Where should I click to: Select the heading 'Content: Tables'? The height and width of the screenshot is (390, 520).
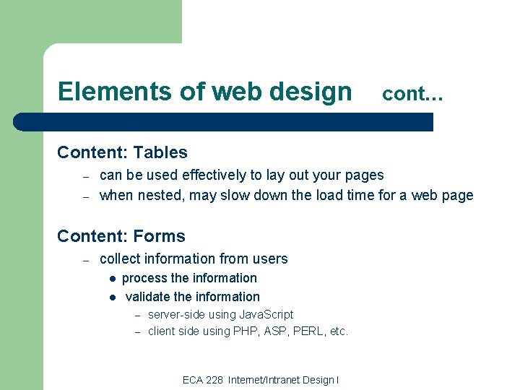pyautogui.click(x=122, y=152)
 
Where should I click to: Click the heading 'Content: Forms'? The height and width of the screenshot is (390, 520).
pyautogui.click(x=121, y=236)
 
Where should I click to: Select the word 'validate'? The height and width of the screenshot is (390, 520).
pyautogui.click(x=148, y=297)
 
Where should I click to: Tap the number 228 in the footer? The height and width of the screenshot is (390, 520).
pyautogui.click(x=214, y=380)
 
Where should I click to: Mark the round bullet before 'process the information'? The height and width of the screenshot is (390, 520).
pyautogui.click(x=113, y=279)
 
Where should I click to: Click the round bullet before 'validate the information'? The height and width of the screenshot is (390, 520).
pyautogui.click(x=113, y=297)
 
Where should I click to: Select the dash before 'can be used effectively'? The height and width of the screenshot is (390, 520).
pyautogui.click(x=84, y=175)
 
